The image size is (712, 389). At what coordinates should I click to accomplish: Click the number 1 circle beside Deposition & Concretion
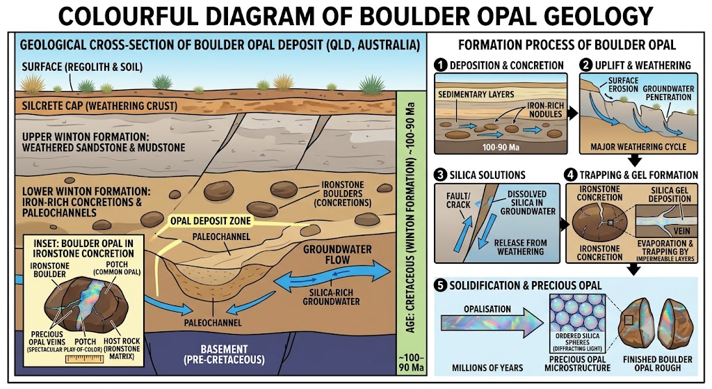(x=440, y=65)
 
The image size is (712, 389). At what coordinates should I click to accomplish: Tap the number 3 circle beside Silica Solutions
(x=440, y=175)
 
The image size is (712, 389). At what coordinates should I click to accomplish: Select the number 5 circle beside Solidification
(x=440, y=285)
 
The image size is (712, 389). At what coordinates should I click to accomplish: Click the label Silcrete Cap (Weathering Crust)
(x=99, y=106)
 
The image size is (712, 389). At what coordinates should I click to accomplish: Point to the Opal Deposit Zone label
(x=210, y=221)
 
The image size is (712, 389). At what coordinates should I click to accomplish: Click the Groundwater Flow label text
(x=337, y=255)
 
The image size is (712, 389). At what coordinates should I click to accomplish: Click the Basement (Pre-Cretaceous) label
(x=225, y=354)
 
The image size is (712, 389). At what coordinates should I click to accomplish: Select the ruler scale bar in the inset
(x=85, y=359)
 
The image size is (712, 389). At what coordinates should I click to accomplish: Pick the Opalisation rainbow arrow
(x=492, y=324)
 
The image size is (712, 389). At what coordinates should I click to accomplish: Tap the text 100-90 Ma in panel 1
(x=501, y=148)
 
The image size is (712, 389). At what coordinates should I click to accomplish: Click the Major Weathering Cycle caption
(x=638, y=147)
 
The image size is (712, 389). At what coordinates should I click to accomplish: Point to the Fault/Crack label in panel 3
(x=458, y=200)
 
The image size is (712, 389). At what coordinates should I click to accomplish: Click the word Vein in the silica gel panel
(x=681, y=231)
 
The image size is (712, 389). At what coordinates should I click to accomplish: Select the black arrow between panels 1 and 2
(x=573, y=113)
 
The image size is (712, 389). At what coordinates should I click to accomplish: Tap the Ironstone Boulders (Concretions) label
(x=342, y=193)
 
